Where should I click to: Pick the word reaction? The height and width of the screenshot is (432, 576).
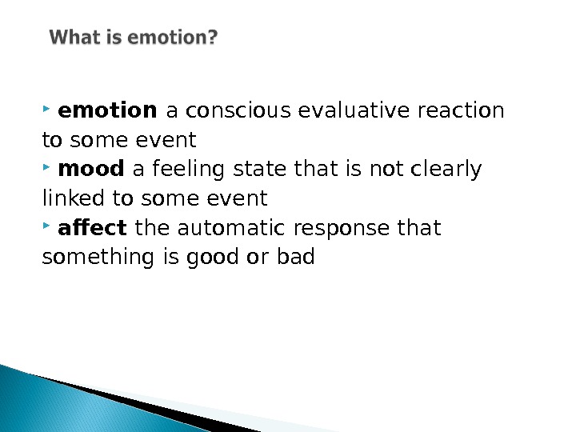[x=461, y=110]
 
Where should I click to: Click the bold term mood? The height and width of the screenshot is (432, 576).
[x=92, y=169]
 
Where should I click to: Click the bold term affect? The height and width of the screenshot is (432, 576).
[x=93, y=228]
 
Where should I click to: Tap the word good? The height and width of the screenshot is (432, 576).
[x=229, y=258]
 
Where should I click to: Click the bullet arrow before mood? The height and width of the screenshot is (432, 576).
[x=49, y=166]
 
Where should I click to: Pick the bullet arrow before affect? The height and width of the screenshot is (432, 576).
[x=49, y=225]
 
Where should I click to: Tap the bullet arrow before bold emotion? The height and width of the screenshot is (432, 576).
[x=49, y=106]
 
